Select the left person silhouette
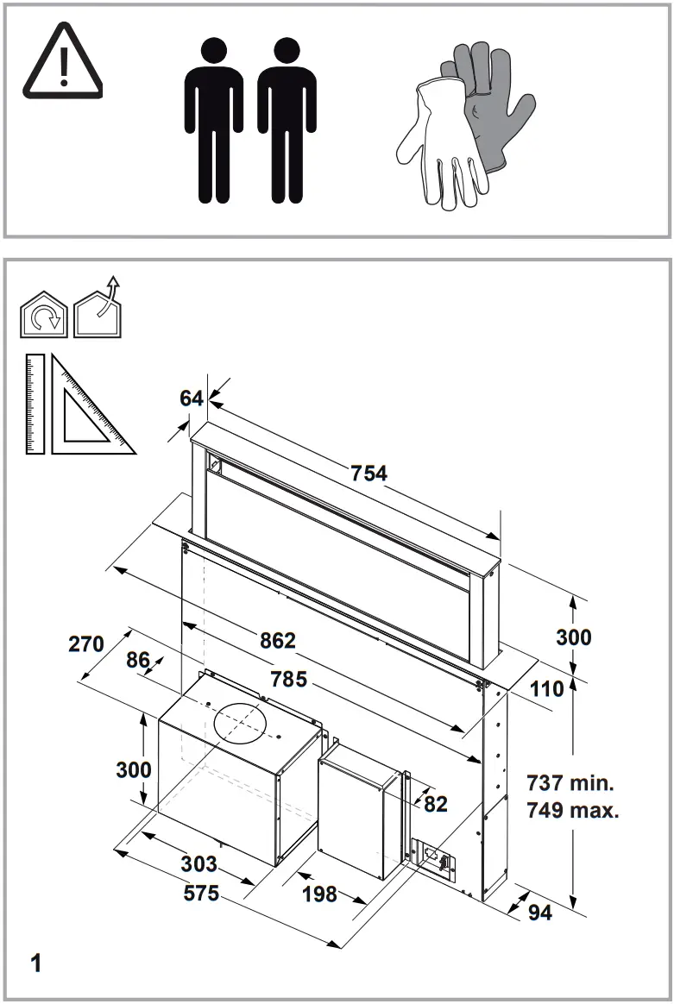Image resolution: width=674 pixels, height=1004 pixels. pos(212,119)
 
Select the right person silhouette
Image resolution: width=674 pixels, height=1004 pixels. pos(287,119)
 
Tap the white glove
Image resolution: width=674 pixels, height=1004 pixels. pos(436,142)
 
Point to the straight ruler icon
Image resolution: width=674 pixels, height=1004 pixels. pos(35,402)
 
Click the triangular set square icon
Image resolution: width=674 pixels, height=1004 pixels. pos(86,411)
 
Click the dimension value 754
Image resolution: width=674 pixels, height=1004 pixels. pos(368,473)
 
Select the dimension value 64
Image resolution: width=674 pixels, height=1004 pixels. pos(192,398)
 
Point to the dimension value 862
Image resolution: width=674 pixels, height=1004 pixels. pos(278,641)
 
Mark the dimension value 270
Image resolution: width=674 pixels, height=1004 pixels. pos(86,643)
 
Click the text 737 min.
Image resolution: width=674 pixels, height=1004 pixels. pos(570,783)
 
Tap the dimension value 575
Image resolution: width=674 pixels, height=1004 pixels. pos(201,894)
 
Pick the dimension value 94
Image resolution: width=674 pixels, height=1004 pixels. pos(539,912)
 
